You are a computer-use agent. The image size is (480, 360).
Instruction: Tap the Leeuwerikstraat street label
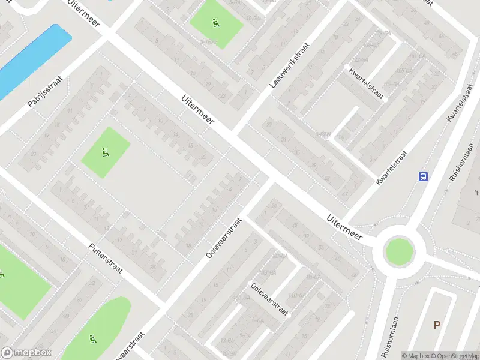point(289,66)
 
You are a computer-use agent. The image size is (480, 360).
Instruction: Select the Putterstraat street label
point(106,258)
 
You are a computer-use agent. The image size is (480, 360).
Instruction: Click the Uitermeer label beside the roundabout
point(345,228)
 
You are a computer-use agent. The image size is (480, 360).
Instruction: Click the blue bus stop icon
point(424,176)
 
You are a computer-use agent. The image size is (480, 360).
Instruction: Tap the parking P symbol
point(437,325)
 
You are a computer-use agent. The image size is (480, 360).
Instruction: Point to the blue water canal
point(30,60)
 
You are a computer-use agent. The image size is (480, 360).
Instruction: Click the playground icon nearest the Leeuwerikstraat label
point(215,24)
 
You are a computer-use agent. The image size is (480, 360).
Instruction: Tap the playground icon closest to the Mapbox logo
point(93,339)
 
